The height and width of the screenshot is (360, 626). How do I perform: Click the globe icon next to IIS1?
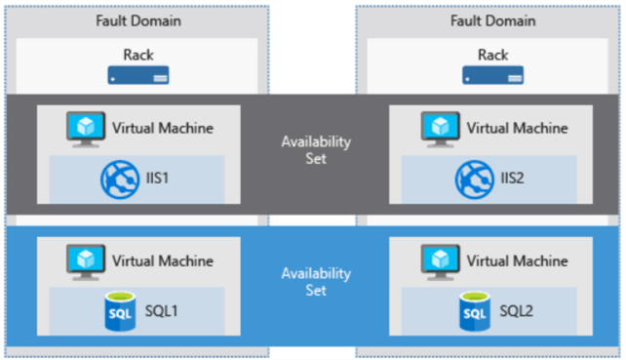tap(119, 179)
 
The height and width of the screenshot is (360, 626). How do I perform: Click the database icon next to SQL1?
tap(119, 312)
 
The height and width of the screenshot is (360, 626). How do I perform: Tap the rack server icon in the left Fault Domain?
tap(137, 75)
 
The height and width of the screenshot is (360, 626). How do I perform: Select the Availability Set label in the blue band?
tap(313, 283)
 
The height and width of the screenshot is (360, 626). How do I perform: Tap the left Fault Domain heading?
tap(137, 20)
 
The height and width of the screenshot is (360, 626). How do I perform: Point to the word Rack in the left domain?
tap(137, 56)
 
